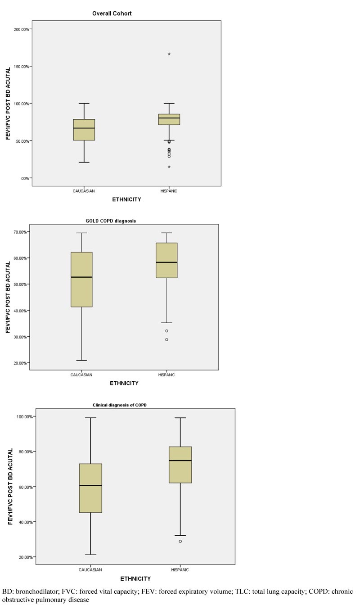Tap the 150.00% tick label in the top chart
click(21, 67)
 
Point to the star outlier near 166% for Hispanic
click(169, 54)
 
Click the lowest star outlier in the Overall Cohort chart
click(169, 167)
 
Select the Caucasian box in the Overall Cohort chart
click(84, 130)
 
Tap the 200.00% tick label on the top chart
click(21, 29)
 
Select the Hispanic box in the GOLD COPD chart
click(166, 260)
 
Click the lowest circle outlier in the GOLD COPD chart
click(166, 339)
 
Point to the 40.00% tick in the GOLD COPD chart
click(18, 311)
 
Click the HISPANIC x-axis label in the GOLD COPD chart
click(166, 375)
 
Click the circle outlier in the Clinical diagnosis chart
click(180, 541)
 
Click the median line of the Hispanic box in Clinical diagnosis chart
click(180, 461)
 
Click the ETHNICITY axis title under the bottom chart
click(135, 578)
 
